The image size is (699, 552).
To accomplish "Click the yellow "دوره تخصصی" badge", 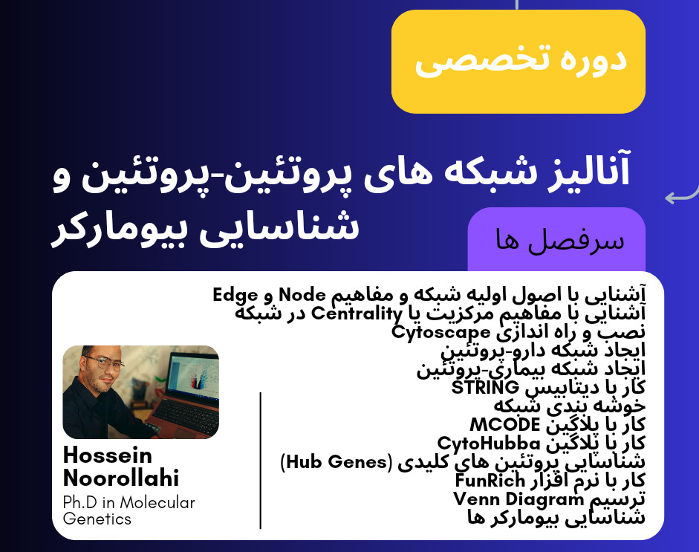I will click(518, 61).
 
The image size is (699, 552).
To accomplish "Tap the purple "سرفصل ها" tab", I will click(556, 240).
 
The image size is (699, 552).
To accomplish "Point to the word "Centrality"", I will click(350, 313).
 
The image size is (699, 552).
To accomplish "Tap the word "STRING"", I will click(485, 388).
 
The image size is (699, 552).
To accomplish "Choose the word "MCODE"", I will click(504, 425).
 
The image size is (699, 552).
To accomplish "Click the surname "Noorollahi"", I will click(121, 478).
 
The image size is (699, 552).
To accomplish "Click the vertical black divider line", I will click(261, 461).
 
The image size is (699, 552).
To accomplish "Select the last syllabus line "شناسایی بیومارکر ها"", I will click(556, 518).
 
